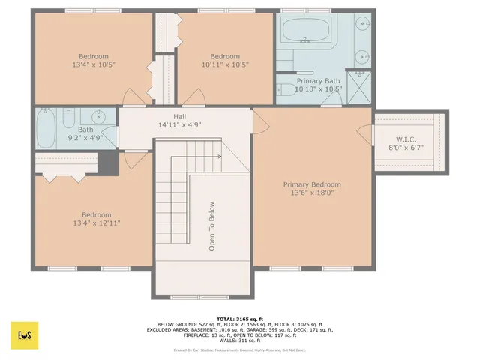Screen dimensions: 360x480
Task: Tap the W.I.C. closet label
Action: pos(411,139)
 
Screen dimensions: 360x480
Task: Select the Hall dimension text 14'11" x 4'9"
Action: pos(180,126)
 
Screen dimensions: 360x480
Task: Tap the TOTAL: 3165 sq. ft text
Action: pos(239,319)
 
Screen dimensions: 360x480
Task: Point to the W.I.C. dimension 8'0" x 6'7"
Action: pos(411,148)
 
